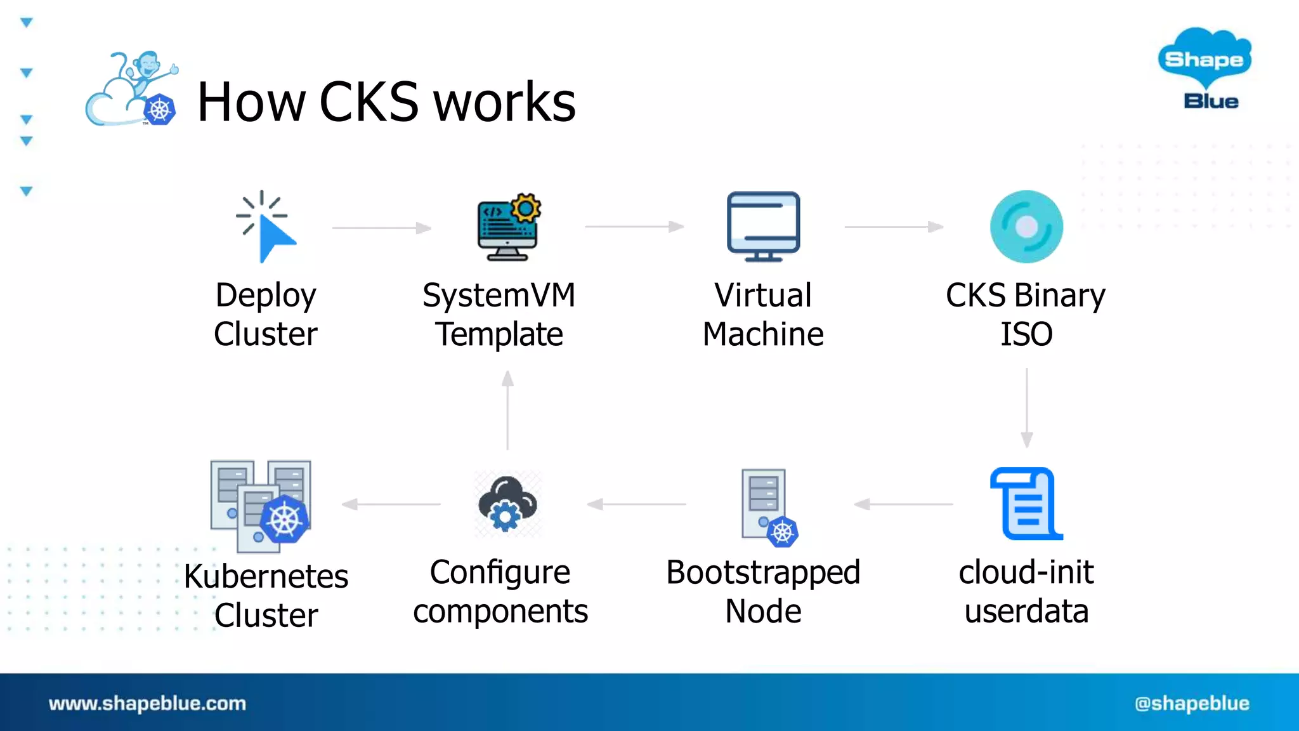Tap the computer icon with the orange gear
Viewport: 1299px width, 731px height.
(509, 227)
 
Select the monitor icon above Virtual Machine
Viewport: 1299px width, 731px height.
(763, 227)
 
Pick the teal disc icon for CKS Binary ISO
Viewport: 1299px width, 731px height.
(1026, 227)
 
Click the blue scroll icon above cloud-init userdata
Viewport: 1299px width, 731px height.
(1026, 504)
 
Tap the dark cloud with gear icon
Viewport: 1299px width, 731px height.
(507, 504)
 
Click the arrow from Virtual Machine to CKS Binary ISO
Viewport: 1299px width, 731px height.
(894, 227)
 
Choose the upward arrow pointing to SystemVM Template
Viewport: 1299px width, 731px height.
(507, 410)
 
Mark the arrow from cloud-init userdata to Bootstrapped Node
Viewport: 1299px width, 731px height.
(903, 504)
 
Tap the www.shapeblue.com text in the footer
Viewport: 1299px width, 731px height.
(147, 703)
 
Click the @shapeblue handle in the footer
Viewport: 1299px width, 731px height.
(1192, 703)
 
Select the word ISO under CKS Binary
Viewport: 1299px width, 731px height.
(1026, 334)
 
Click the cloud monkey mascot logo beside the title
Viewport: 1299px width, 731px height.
(132, 90)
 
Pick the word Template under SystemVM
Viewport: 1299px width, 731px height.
(499, 334)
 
